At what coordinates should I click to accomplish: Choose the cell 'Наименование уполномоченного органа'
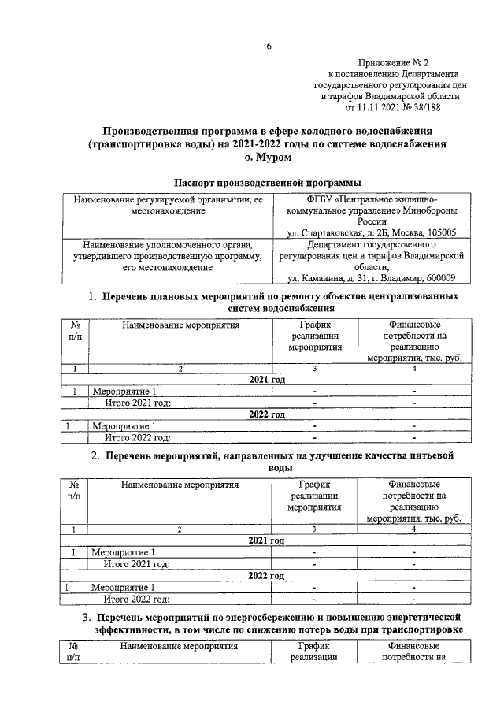tap(163, 245)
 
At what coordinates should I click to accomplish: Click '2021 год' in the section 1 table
tap(267, 380)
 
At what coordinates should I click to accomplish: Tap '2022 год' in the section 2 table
tap(266, 575)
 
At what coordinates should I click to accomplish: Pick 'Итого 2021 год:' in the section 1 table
tap(138, 403)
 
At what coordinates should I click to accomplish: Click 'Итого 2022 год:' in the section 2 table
tap(138, 600)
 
